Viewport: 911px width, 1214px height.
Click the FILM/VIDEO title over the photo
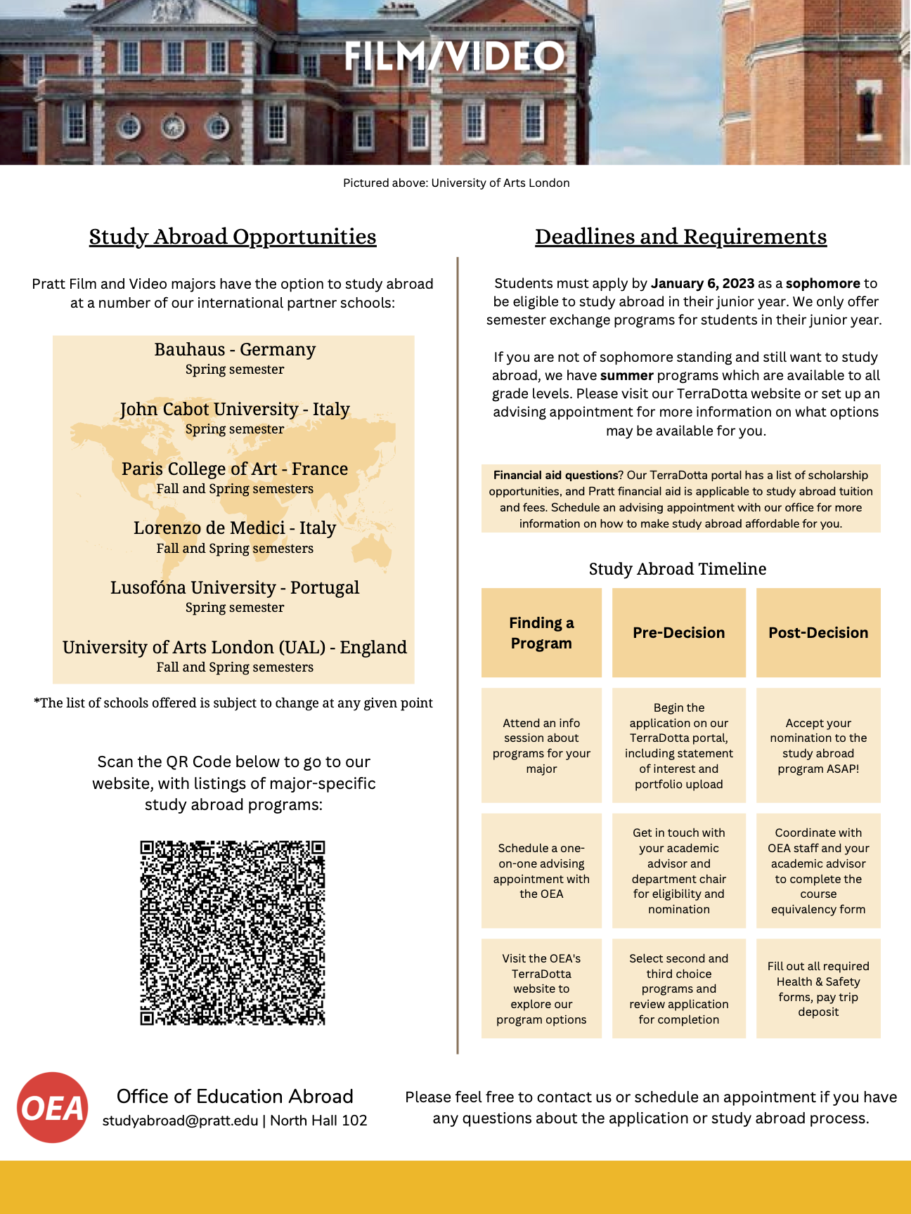[455, 56]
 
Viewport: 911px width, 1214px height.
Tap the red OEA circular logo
[53, 1107]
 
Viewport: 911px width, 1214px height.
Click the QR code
[233, 932]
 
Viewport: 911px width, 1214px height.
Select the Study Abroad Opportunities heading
[233, 237]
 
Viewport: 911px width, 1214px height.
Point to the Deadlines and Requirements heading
[680, 237]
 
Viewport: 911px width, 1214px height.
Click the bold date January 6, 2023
[702, 283]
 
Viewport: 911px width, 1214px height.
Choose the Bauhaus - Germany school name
[235, 349]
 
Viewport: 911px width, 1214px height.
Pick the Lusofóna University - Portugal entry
[235, 587]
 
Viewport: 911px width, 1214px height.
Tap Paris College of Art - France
[235, 469]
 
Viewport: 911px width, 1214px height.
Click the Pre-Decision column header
[678, 632]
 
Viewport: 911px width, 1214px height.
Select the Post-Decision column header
[818, 632]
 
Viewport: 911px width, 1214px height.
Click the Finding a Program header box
[541, 632]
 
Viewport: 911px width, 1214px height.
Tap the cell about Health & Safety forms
[818, 988]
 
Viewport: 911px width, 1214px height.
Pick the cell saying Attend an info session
[541, 745]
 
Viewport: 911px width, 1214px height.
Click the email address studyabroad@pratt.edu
[180, 1121]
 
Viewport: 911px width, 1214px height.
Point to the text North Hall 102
[318, 1121]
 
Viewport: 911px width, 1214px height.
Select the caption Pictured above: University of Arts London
[456, 183]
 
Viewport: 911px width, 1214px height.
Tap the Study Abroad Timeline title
[678, 568]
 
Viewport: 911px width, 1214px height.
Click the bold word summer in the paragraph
[627, 375]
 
